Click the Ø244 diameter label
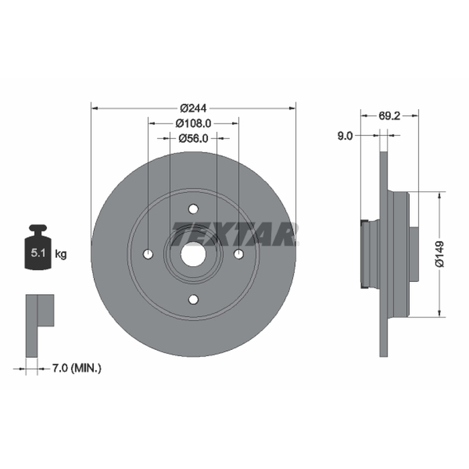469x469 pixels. (193, 108)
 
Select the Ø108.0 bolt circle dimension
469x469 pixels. (193, 123)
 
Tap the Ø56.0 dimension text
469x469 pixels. (193, 138)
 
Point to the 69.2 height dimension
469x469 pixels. (389, 115)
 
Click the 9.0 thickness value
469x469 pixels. (345, 136)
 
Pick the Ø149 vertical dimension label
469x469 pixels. (439, 254)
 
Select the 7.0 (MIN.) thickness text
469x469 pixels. (77, 368)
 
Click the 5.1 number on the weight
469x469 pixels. (38, 253)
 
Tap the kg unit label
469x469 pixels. (61, 254)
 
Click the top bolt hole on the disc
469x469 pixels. (193, 209)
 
